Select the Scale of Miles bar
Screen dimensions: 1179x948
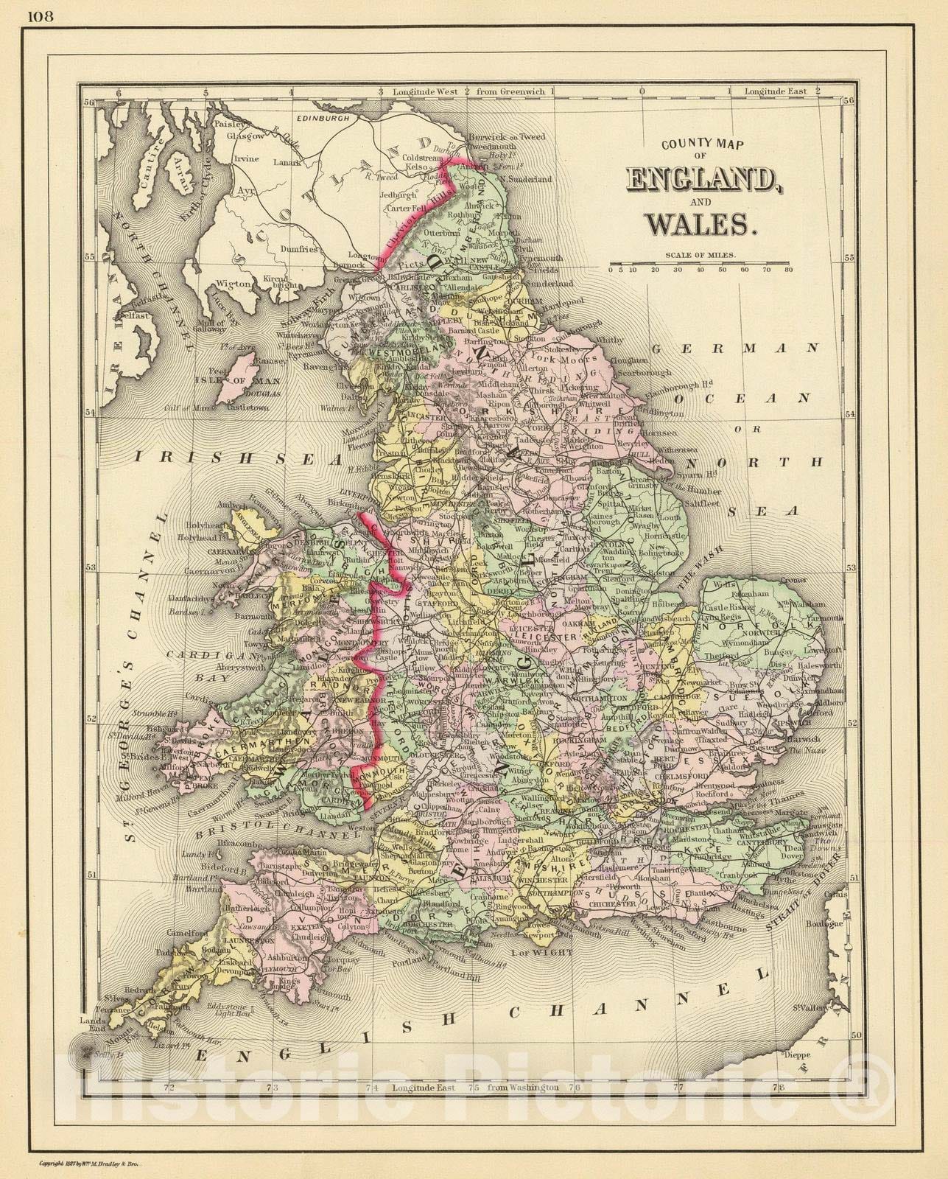pos(700,263)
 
